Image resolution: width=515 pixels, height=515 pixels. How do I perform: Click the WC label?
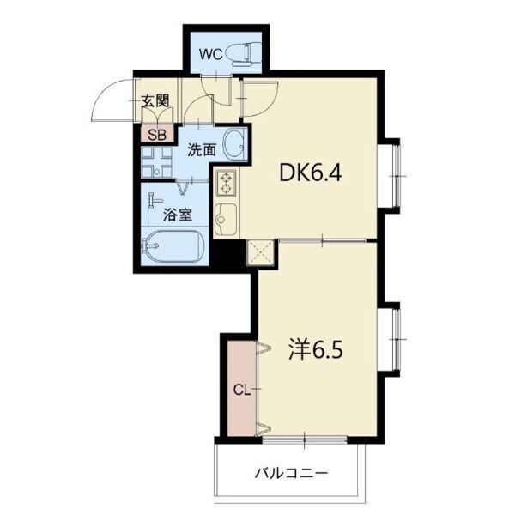[x=211, y=55]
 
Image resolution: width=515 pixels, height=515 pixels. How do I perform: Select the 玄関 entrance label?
[x=155, y=100]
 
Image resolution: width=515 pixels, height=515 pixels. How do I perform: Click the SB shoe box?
[x=157, y=134]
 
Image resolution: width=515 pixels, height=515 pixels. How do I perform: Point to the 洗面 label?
[x=202, y=150]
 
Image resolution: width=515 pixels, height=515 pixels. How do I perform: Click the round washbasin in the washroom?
[x=235, y=144]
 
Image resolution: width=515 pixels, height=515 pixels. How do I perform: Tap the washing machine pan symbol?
[x=157, y=162]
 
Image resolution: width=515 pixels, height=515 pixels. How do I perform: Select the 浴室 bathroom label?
[x=178, y=215]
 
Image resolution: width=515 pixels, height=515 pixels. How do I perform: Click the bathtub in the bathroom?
[x=173, y=246]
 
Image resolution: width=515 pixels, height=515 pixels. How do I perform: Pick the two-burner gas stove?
[x=226, y=183]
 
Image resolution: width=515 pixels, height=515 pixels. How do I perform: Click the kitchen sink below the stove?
[x=225, y=219]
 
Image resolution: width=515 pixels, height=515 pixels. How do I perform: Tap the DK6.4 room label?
[x=311, y=173]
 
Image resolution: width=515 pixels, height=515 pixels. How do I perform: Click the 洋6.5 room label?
[x=316, y=349]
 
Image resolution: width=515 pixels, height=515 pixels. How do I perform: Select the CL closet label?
[x=242, y=390]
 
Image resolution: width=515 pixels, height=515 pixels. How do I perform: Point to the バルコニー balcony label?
[x=291, y=473]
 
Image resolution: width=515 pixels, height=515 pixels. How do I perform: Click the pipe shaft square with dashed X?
[x=260, y=252]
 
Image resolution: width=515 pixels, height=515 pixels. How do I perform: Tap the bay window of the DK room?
[x=393, y=176]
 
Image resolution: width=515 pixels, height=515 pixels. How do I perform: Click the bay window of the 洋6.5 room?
[x=393, y=339]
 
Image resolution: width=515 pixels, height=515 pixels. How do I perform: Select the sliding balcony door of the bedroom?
[x=305, y=439]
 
